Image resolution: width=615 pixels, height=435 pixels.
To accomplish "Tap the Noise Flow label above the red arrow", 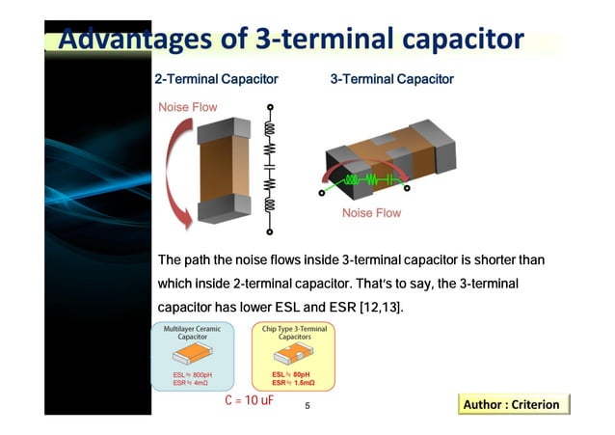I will pyautogui.click(x=188, y=107).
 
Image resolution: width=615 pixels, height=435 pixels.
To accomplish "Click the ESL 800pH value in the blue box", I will pyautogui.click(x=192, y=374).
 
